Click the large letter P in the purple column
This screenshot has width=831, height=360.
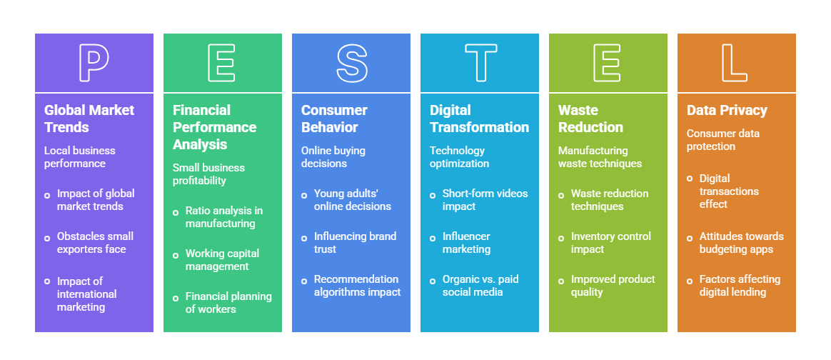pos(94,63)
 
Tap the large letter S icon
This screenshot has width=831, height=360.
pos(351,63)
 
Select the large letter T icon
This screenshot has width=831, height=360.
pos(480,63)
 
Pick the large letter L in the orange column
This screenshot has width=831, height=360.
pos(736,63)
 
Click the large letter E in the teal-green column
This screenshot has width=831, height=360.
pos(222,63)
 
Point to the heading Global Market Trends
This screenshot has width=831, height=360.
pos(89,119)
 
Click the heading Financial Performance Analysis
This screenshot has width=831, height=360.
pos(214,127)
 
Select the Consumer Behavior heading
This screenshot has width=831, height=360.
pos(334,119)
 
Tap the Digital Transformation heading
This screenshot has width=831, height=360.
pos(479,119)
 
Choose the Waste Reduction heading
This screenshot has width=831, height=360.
pos(590,119)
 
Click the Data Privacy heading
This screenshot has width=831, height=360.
pos(727,110)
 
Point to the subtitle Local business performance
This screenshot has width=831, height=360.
pos(79,157)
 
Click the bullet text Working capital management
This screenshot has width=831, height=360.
pos(222,260)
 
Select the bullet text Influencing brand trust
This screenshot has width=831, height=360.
pos(355,243)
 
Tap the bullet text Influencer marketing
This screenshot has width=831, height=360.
pos(466,243)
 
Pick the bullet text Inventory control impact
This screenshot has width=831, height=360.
pos(610,243)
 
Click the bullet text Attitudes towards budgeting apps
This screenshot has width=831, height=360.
pos(741,243)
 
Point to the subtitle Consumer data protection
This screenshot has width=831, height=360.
pos(722,140)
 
